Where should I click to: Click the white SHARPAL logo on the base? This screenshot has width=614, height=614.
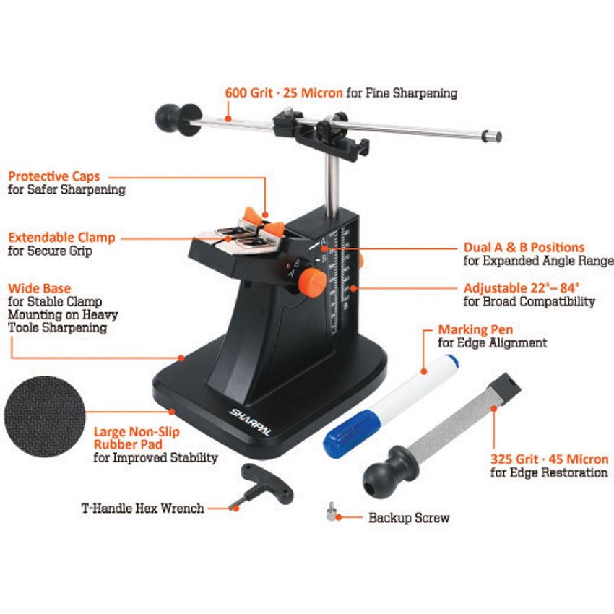coord(250,422)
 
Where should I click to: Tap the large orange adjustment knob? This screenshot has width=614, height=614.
coord(312,282)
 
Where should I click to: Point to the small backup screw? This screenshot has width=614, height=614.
coord(332,511)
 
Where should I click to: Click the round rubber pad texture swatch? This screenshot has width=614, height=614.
coord(45,416)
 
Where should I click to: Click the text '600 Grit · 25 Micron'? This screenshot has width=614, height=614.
coord(284,92)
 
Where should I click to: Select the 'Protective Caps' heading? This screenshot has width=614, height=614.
coord(54,176)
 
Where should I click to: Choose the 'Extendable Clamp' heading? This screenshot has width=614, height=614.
coord(61,238)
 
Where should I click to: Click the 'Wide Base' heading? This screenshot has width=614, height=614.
coord(39,288)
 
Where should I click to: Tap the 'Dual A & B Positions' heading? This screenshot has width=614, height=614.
coord(524,247)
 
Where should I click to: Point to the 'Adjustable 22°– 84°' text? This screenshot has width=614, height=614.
coord(522,287)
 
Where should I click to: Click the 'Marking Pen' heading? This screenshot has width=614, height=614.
coord(475,329)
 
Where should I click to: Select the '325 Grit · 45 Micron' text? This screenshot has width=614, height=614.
coord(550,459)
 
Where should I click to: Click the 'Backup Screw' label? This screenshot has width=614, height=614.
coord(409,518)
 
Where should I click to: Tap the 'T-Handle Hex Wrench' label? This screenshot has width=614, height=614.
coord(142,508)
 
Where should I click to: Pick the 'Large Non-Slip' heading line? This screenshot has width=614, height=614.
coord(137,431)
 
